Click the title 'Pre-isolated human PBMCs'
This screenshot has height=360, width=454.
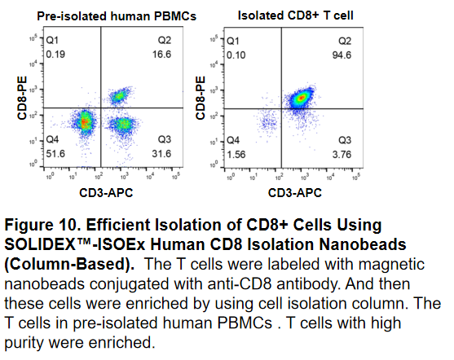[101, 14]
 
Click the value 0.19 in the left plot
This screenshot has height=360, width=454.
[55, 55]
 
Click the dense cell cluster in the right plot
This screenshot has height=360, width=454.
[300, 99]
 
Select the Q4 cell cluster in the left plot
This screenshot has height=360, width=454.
[84, 123]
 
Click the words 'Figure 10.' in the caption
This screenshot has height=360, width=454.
[40, 223]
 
